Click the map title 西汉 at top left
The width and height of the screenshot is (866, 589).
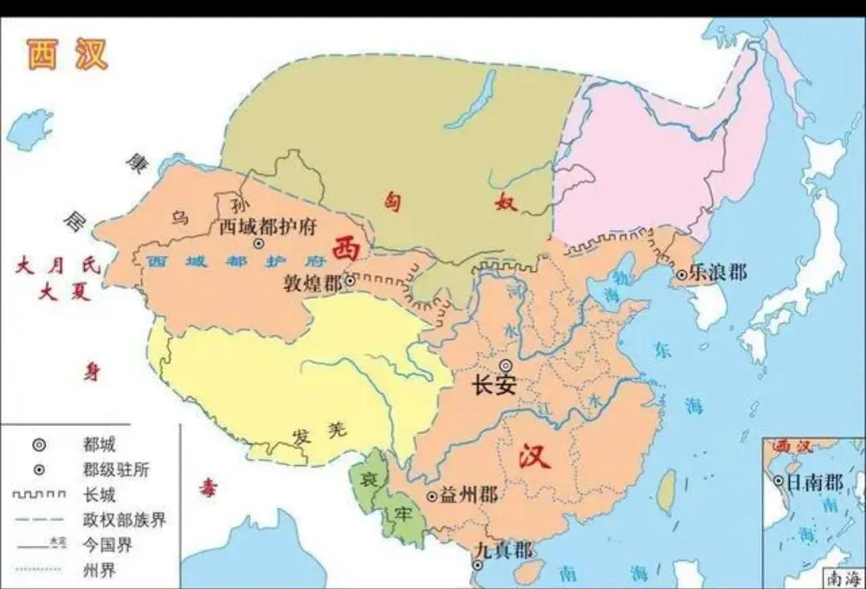coord(67,54)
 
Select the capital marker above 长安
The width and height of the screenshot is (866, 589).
coord(505,366)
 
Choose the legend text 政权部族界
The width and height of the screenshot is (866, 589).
coord(124,521)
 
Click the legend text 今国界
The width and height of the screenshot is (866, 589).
coord(108,546)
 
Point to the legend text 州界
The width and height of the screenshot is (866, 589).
coord(100,571)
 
